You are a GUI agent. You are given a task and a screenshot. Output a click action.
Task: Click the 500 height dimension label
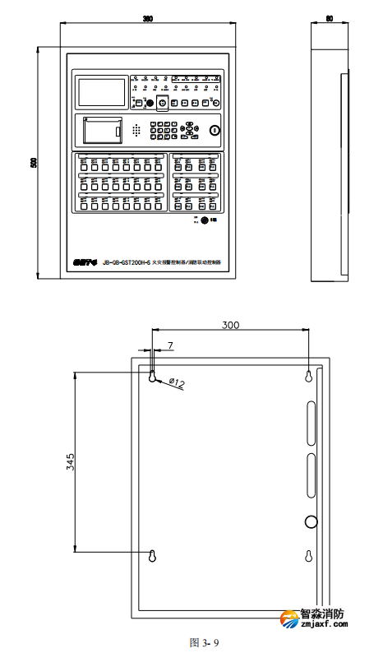[x=34, y=163]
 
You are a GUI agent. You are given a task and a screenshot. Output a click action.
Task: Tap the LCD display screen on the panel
[x=101, y=90]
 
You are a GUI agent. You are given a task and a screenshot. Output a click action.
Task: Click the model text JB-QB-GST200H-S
[x=126, y=262]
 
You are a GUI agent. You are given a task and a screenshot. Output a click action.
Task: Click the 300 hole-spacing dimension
[x=231, y=326]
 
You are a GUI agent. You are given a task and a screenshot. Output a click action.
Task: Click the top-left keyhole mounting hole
[x=154, y=376]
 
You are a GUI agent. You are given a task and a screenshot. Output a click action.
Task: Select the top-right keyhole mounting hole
[x=308, y=376]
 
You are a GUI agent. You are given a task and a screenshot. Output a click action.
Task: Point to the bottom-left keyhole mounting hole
[x=154, y=556]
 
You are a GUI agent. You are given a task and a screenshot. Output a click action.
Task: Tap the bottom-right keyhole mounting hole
[x=308, y=556]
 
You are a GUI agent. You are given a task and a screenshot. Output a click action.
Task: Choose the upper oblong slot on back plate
[x=311, y=420]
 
